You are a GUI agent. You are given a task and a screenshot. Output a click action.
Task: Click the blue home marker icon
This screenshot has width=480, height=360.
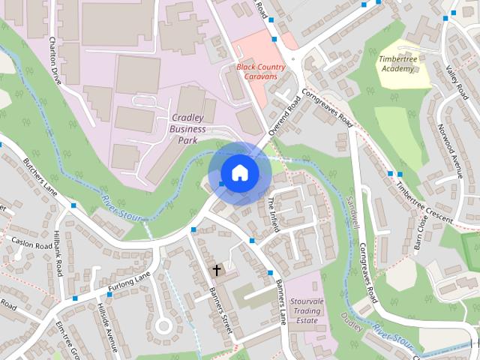[x=239, y=172]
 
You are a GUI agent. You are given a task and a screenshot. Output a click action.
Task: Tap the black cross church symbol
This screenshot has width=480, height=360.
[x=217, y=269]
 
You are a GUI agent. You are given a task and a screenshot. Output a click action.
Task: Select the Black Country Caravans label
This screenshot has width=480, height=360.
[x=256, y=71]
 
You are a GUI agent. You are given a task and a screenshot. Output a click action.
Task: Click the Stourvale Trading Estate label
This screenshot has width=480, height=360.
[x=306, y=310]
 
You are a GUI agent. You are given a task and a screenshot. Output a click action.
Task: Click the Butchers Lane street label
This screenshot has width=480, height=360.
[x=40, y=175]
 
